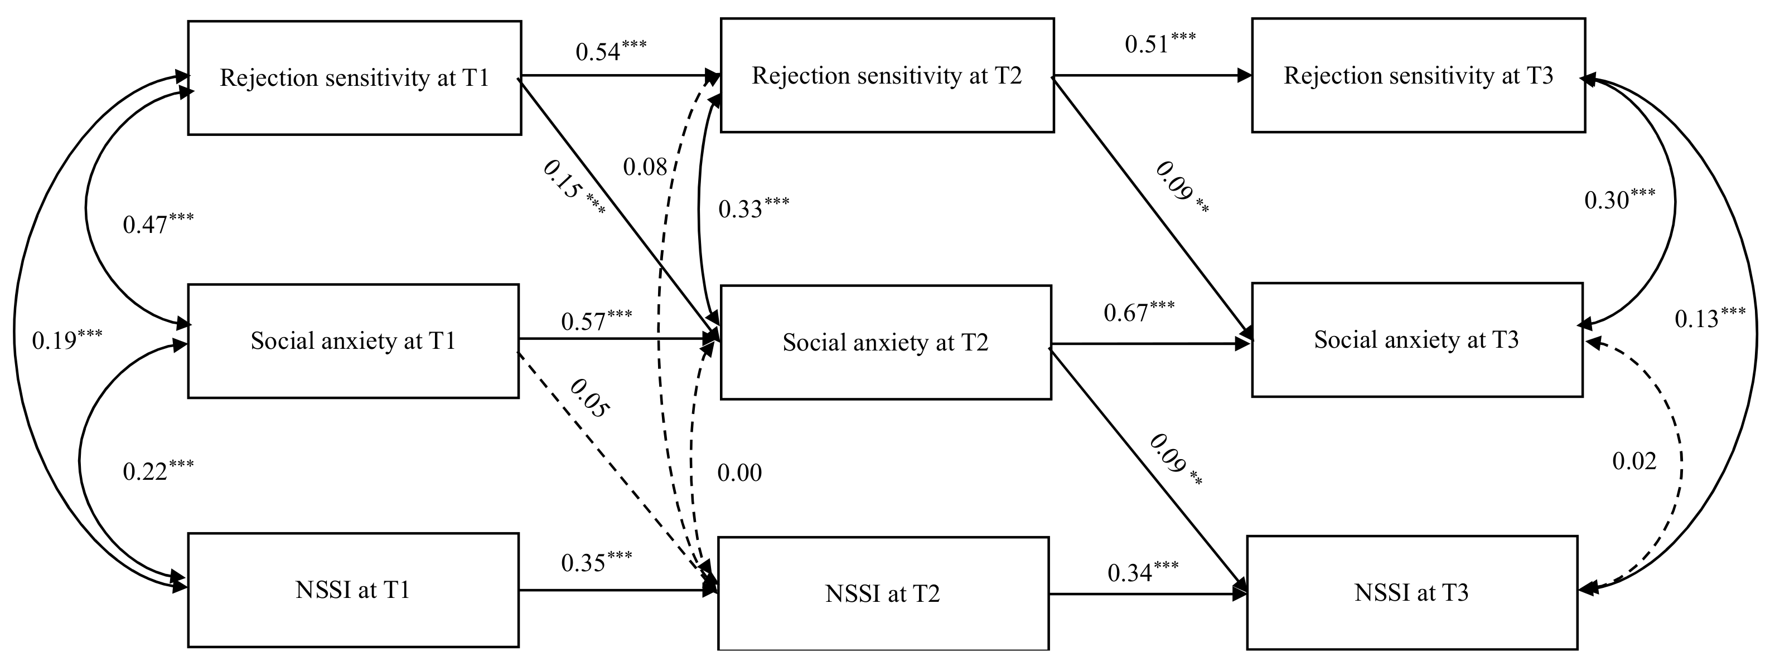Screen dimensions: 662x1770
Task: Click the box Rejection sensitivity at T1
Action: (355, 77)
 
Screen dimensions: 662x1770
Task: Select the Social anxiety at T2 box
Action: (885, 342)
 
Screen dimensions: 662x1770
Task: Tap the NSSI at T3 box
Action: (1411, 592)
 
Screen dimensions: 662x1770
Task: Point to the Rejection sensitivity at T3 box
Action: (1418, 76)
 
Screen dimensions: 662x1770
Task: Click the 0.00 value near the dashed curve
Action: (739, 473)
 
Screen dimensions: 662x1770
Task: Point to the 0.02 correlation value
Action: (1634, 461)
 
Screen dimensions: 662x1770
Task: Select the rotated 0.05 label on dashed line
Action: (589, 398)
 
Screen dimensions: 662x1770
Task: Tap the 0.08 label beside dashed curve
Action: (645, 166)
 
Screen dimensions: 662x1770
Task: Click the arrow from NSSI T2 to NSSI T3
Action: (1148, 594)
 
